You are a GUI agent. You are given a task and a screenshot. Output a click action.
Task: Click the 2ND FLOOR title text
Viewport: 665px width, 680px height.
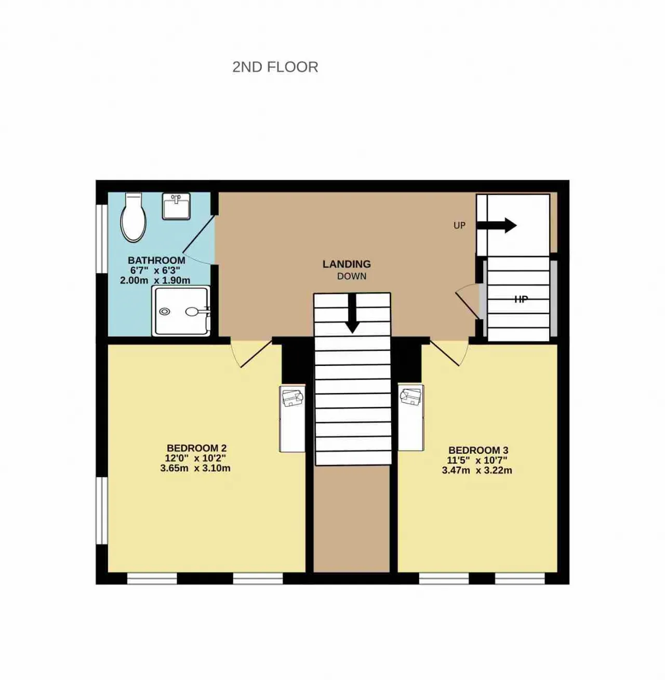(x=275, y=67)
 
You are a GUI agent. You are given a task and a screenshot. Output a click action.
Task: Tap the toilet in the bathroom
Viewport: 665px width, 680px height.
(x=133, y=217)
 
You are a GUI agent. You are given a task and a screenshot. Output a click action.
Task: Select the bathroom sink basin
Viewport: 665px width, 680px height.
(x=176, y=206)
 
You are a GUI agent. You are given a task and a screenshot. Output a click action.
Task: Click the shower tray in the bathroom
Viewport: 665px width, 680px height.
(x=181, y=311)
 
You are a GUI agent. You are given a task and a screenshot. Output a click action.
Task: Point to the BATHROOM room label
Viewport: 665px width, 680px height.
(x=156, y=261)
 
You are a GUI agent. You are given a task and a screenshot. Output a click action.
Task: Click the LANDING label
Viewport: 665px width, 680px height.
(x=347, y=264)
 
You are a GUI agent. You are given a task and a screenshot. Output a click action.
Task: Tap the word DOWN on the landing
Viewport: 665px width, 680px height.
(x=352, y=276)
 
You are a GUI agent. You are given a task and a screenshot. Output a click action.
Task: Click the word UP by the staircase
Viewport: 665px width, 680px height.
(x=459, y=226)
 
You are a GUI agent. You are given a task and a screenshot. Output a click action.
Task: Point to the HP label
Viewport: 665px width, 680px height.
(x=521, y=300)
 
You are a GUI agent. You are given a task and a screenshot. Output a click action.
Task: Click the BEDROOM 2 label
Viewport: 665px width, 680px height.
(x=196, y=448)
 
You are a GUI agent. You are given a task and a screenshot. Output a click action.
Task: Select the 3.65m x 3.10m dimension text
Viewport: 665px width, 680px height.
(x=195, y=468)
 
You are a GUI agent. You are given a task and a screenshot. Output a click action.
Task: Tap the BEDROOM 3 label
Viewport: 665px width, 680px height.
(x=478, y=450)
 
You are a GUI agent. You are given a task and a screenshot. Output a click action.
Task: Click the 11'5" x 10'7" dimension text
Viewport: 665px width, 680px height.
(x=477, y=460)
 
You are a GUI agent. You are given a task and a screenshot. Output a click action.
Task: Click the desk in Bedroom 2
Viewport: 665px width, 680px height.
(x=292, y=418)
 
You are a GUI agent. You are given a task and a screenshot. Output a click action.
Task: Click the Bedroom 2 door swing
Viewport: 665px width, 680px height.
(x=251, y=353)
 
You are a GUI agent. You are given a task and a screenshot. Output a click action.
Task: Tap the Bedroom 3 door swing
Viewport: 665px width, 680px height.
(x=449, y=352)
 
